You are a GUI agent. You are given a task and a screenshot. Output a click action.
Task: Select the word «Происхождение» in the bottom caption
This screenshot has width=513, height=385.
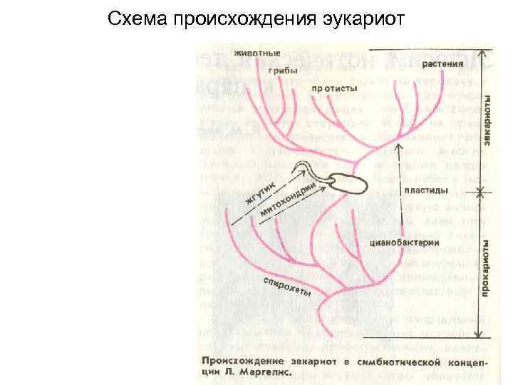239,360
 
